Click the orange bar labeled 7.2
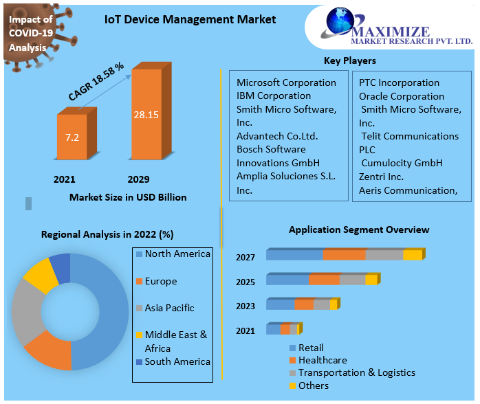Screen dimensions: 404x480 [72, 137]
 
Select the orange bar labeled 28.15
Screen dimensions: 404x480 [146, 115]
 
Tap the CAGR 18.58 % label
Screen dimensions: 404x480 [96, 82]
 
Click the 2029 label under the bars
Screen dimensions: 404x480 [138, 179]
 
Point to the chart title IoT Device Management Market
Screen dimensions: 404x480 [190, 19]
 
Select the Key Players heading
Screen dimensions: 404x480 [350, 60]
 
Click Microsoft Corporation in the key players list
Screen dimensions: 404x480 [286, 82]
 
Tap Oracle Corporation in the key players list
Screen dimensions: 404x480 [402, 96]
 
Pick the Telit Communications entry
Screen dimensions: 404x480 [408, 136]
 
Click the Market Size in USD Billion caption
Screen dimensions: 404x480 [128, 197]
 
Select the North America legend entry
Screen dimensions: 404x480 [177, 254]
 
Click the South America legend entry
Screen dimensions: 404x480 [177, 361]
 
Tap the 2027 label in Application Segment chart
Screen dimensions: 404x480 [246, 258]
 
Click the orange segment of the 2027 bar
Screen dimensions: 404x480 [344, 255]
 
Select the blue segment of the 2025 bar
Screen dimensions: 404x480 [287, 280]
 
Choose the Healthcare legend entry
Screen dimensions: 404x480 [322, 360]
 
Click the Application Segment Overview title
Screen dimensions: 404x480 [358, 229]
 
